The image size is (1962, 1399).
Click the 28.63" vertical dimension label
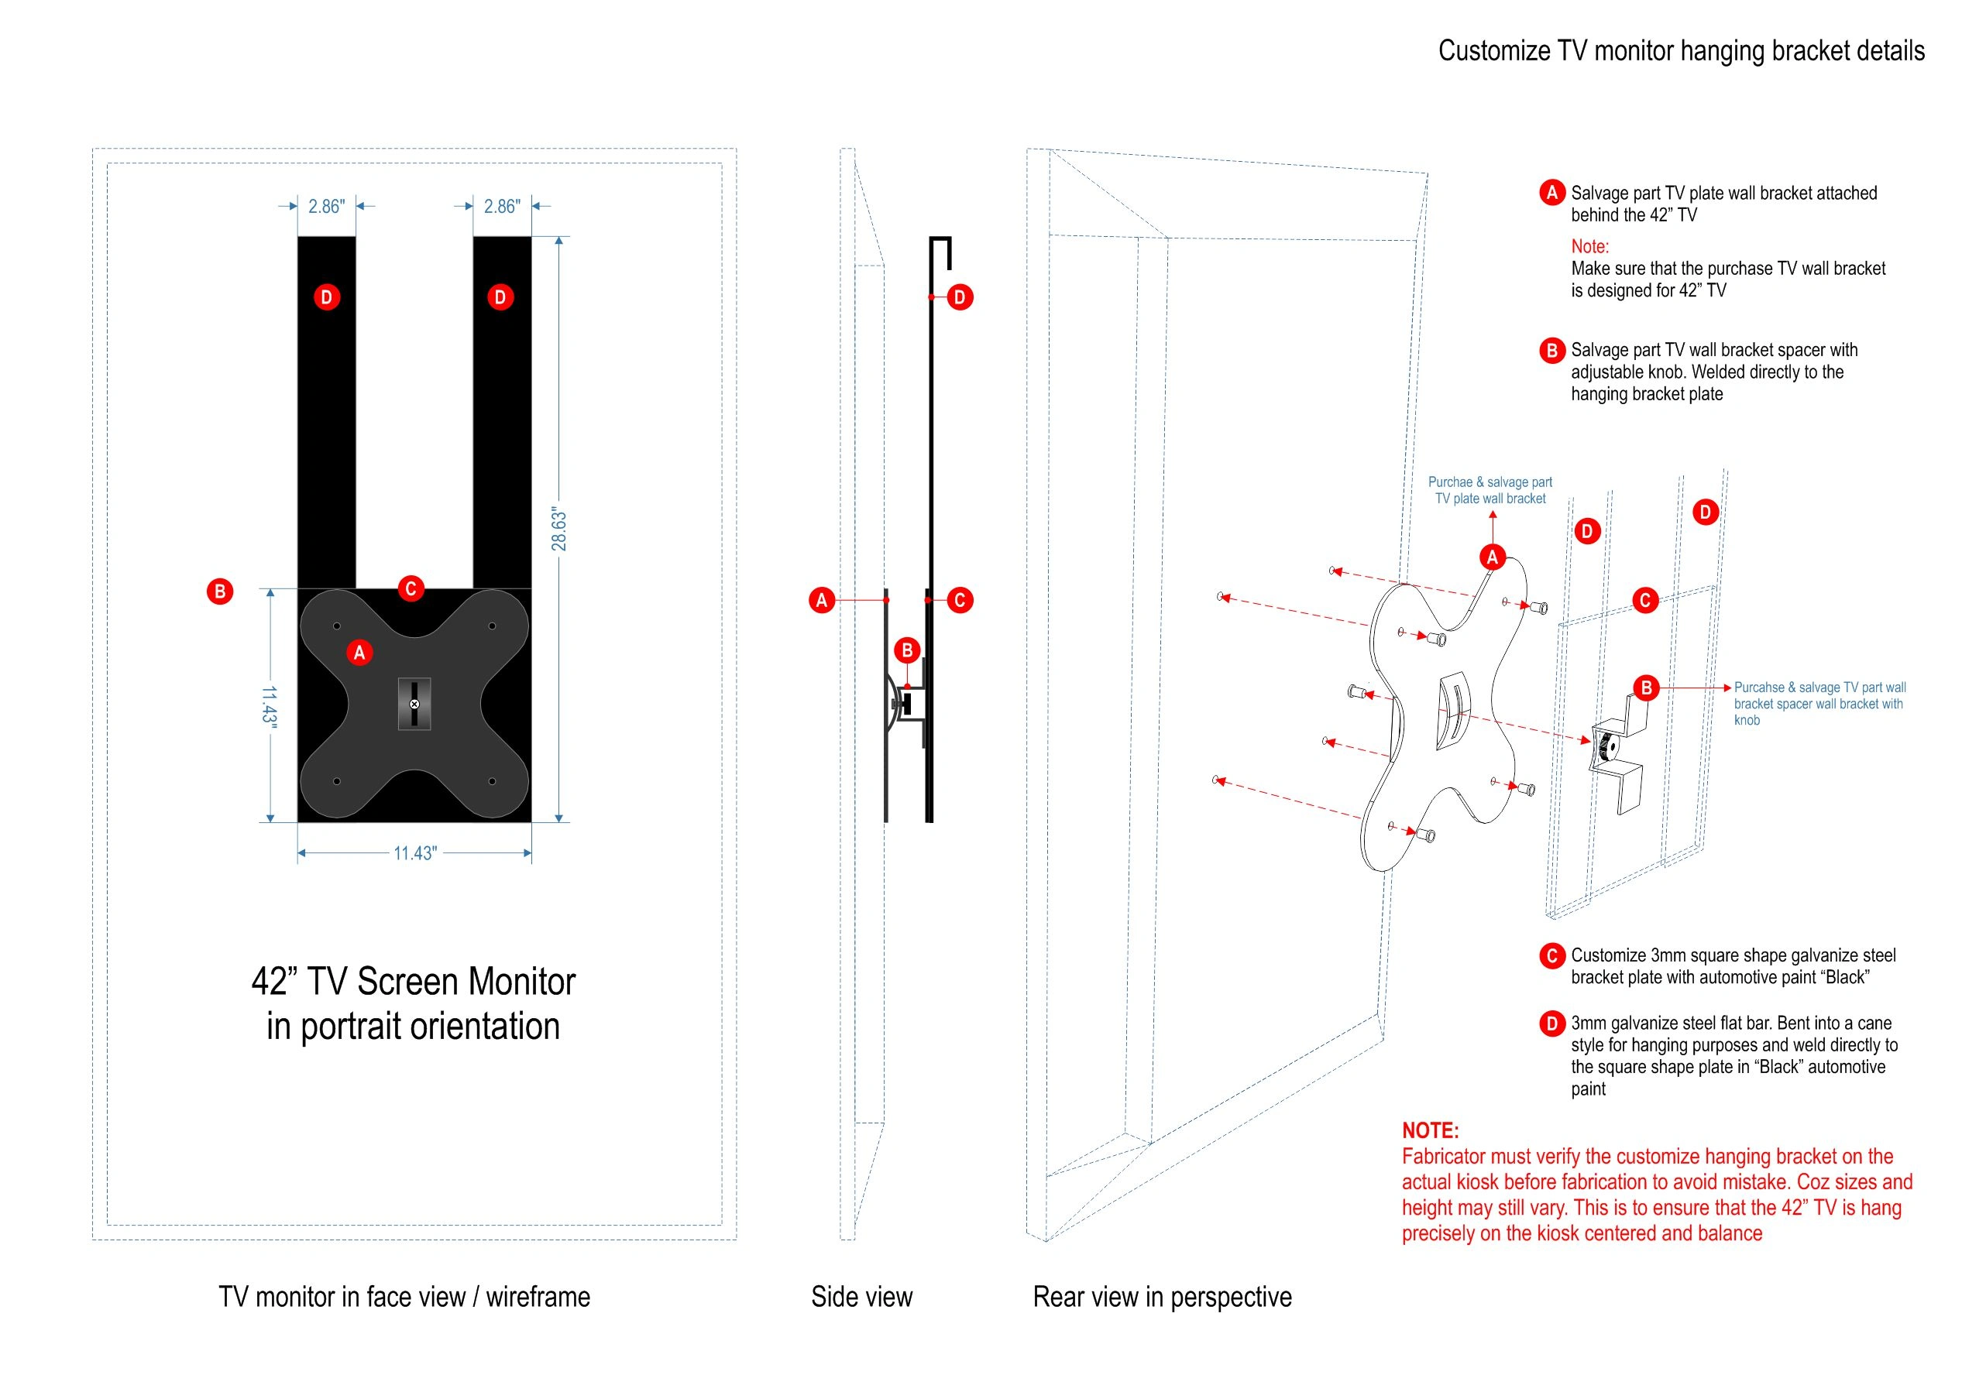pyautogui.click(x=559, y=529)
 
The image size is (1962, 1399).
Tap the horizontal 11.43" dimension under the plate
pyautogui.click(x=414, y=853)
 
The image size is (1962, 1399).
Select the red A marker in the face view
pyautogui.click(x=359, y=652)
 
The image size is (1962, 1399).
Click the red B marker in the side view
pyautogui.click(x=906, y=650)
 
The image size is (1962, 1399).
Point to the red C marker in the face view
pyautogui.click(x=411, y=588)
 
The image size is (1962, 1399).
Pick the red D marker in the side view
pyautogui.click(x=959, y=297)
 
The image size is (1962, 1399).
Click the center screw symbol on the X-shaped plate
pyautogui.click(x=414, y=704)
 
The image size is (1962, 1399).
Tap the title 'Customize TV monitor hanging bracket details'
pyautogui.click(x=1680, y=51)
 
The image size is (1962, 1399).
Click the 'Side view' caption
pyautogui.click(x=861, y=1297)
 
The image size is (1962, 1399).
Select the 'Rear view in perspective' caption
pyautogui.click(x=1162, y=1297)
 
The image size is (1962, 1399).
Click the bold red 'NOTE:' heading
pyautogui.click(x=1430, y=1130)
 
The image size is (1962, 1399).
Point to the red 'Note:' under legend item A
pyautogui.click(x=1589, y=246)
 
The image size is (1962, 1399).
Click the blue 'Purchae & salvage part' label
pyautogui.click(x=1490, y=482)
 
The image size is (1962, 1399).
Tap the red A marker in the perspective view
pyautogui.click(x=1493, y=557)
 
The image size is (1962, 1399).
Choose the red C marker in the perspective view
pyautogui.click(x=1644, y=601)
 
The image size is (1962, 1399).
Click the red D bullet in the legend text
pyautogui.click(x=1551, y=1024)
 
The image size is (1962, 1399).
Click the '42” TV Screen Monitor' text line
pyautogui.click(x=413, y=981)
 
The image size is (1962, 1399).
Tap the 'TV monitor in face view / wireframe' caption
pyautogui.click(x=404, y=1297)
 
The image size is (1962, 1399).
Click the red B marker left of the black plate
pyautogui.click(x=220, y=591)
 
